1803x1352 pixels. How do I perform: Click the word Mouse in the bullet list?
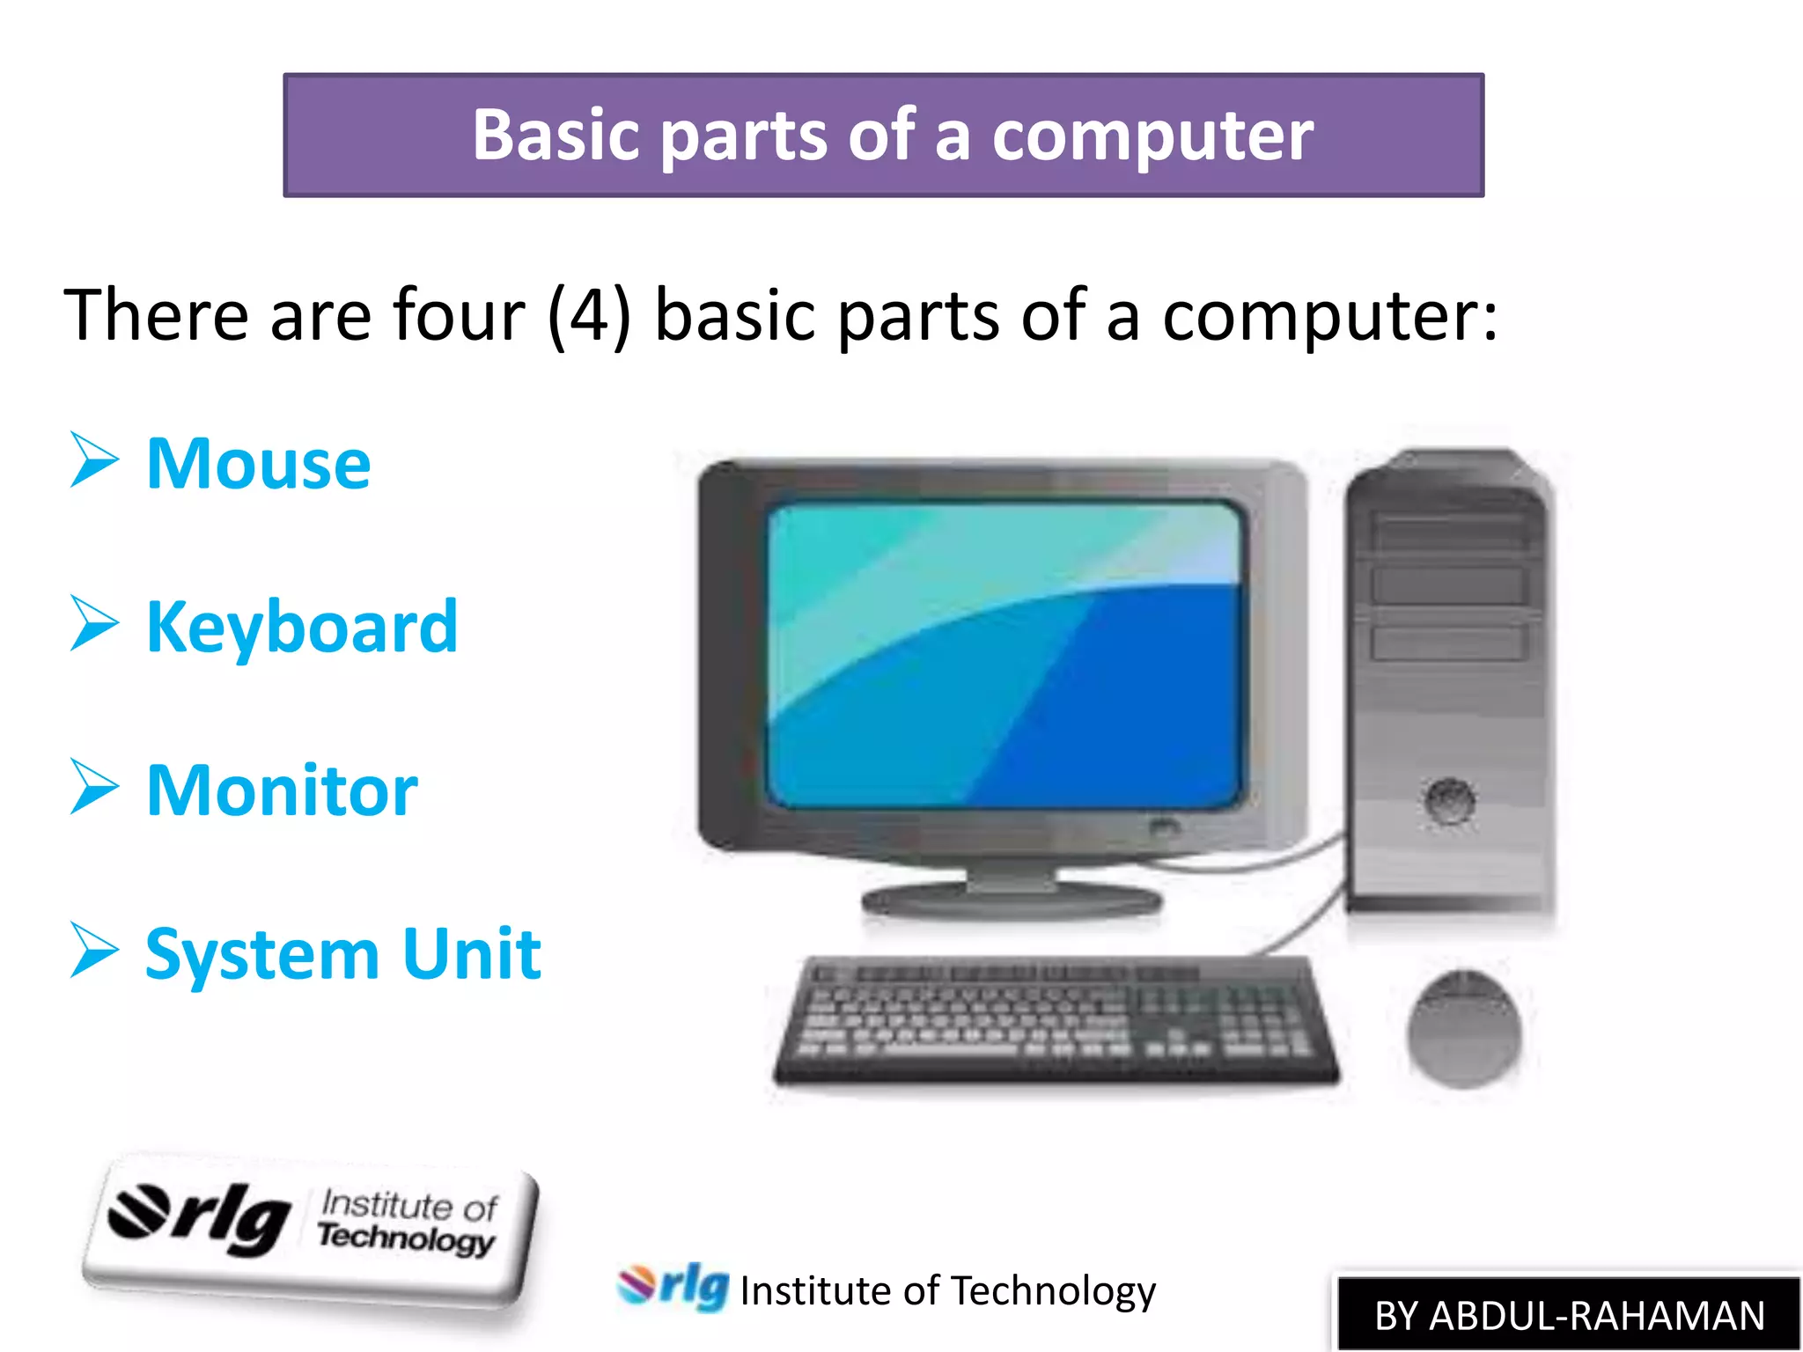258,464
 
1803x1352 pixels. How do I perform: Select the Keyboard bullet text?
302,627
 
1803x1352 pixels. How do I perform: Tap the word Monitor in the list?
282,790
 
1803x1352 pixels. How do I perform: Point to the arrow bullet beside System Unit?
94,951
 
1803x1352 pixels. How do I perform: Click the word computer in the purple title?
1152,136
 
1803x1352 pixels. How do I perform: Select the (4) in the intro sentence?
588,315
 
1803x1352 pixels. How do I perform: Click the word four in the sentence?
459,315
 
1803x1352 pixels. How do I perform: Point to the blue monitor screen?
1004,656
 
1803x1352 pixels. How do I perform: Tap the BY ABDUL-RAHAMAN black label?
1569,1315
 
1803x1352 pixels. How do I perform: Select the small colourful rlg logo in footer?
673,1287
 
